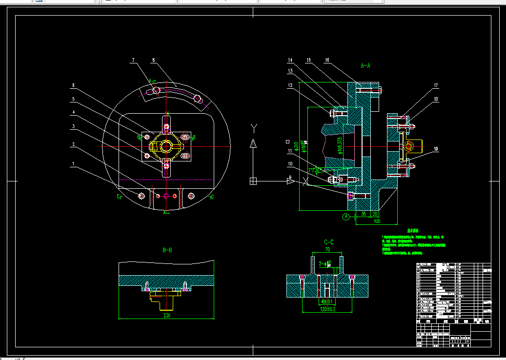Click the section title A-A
pyautogui.click(x=365, y=65)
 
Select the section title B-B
pyautogui.click(x=167, y=250)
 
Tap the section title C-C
pyautogui.click(x=328, y=242)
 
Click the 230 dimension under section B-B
pyautogui.click(x=167, y=315)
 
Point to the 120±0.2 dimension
pyautogui.click(x=328, y=309)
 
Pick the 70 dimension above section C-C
pyautogui.click(x=327, y=250)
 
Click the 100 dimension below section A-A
pyautogui.click(x=377, y=221)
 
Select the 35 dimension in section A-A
pyautogui.click(x=363, y=213)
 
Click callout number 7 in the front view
pyautogui.click(x=132, y=60)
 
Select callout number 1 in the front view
pyautogui.click(x=73, y=164)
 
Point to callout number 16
pyautogui.click(x=327, y=60)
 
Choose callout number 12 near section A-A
pyautogui.click(x=290, y=85)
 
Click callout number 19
pyautogui.click(x=436, y=149)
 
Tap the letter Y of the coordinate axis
pyautogui.click(x=253, y=128)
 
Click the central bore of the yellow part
pyautogui.click(x=166, y=145)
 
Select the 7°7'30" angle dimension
pyautogui.click(x=315, y=171)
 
